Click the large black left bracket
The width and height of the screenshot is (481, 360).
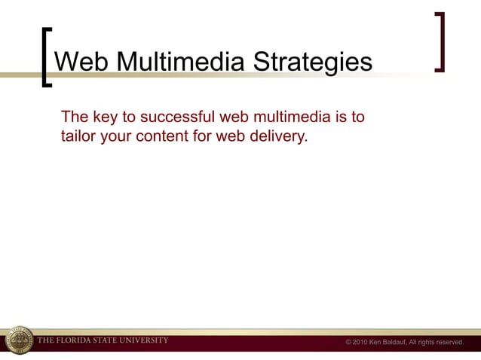(x=47, y=58)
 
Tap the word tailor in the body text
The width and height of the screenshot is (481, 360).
(x=78, y=137)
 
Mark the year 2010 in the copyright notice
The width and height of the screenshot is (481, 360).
(x=360, y=343)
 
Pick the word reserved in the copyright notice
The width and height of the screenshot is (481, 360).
(x=448, y=343)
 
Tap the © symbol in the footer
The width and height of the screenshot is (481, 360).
(x=348, y=343)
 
